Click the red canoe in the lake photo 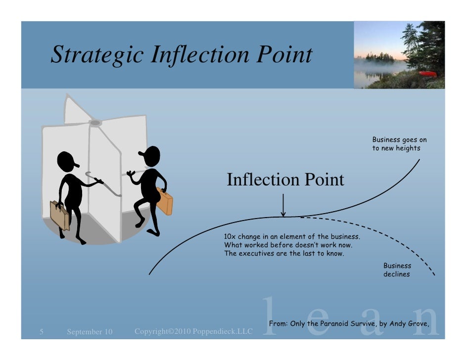coord(428,74)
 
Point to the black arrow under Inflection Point coord(283,205)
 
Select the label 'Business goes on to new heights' coord(399,144)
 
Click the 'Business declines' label coord(397,270)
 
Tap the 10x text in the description coord(231,237)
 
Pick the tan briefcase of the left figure coord(59,215)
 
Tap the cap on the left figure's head coord(70,159)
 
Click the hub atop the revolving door coord(95,122)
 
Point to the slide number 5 coord(42,331)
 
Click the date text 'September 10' coord(90,331)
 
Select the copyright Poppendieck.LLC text coord(193,330)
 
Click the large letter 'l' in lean coord(267,314)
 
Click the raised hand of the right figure coord(131,174)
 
